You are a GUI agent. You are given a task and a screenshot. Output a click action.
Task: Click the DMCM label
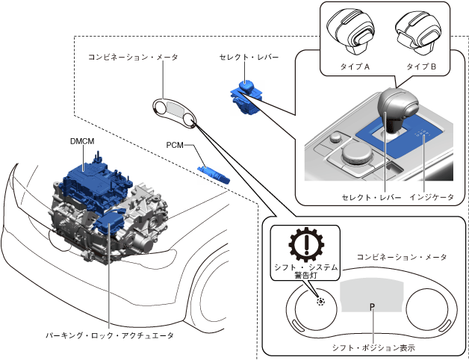pos(82,141)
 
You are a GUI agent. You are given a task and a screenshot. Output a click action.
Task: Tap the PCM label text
pos(175,145)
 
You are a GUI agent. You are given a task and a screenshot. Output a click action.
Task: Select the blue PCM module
pos(214,175)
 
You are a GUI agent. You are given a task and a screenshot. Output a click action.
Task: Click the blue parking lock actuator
pos(108,223)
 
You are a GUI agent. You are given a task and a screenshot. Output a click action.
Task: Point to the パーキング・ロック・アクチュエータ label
pos(110,336)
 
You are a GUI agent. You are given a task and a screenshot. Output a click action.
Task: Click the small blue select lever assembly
pos(246,97)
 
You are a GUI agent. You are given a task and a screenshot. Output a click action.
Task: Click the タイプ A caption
pos(355,66)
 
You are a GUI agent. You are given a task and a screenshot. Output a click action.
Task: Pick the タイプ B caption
pos(421,66)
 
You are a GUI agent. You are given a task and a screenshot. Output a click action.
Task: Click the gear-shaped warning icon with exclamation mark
pos(306,244)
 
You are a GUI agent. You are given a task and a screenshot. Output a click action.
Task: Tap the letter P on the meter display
pos(372,307)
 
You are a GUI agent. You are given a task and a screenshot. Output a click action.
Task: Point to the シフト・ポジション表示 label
pos(373,348)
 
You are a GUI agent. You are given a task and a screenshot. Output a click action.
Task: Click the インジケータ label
pos(432,197)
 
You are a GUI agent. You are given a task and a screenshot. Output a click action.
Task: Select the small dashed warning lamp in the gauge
pos(320,302)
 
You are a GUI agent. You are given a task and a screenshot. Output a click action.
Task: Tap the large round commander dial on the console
pos(358,154)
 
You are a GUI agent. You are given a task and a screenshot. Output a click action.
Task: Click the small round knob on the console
pos(335,138)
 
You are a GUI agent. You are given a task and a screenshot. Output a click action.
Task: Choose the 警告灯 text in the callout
pos(305,276)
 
